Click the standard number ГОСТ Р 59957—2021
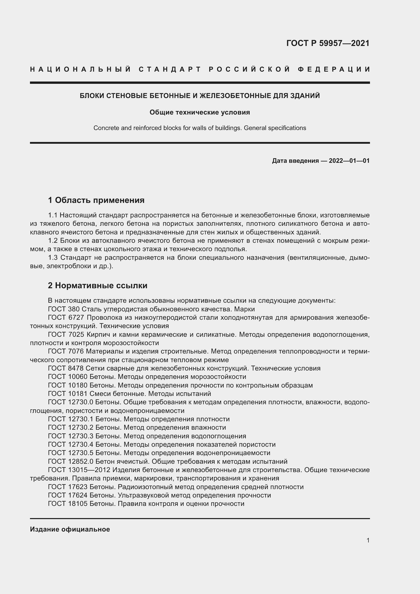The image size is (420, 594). tap(328, 43)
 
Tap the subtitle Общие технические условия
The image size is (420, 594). tap(200, 112)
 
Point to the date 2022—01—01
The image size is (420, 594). tap(349, 161)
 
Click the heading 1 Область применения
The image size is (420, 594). tap(96, 200)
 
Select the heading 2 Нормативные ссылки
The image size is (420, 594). tap(98, 285)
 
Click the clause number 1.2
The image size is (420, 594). tap(53, 240)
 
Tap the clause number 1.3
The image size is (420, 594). tap(53, 258)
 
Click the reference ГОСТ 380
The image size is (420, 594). tap(64, 309)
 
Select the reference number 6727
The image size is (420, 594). tap(76, 318)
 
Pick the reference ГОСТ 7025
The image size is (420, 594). tap(66, 334)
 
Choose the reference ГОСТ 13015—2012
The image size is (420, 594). tap(79, 470)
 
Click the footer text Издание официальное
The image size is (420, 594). tap(70, 529)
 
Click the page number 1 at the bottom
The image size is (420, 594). tap(368, 540)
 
